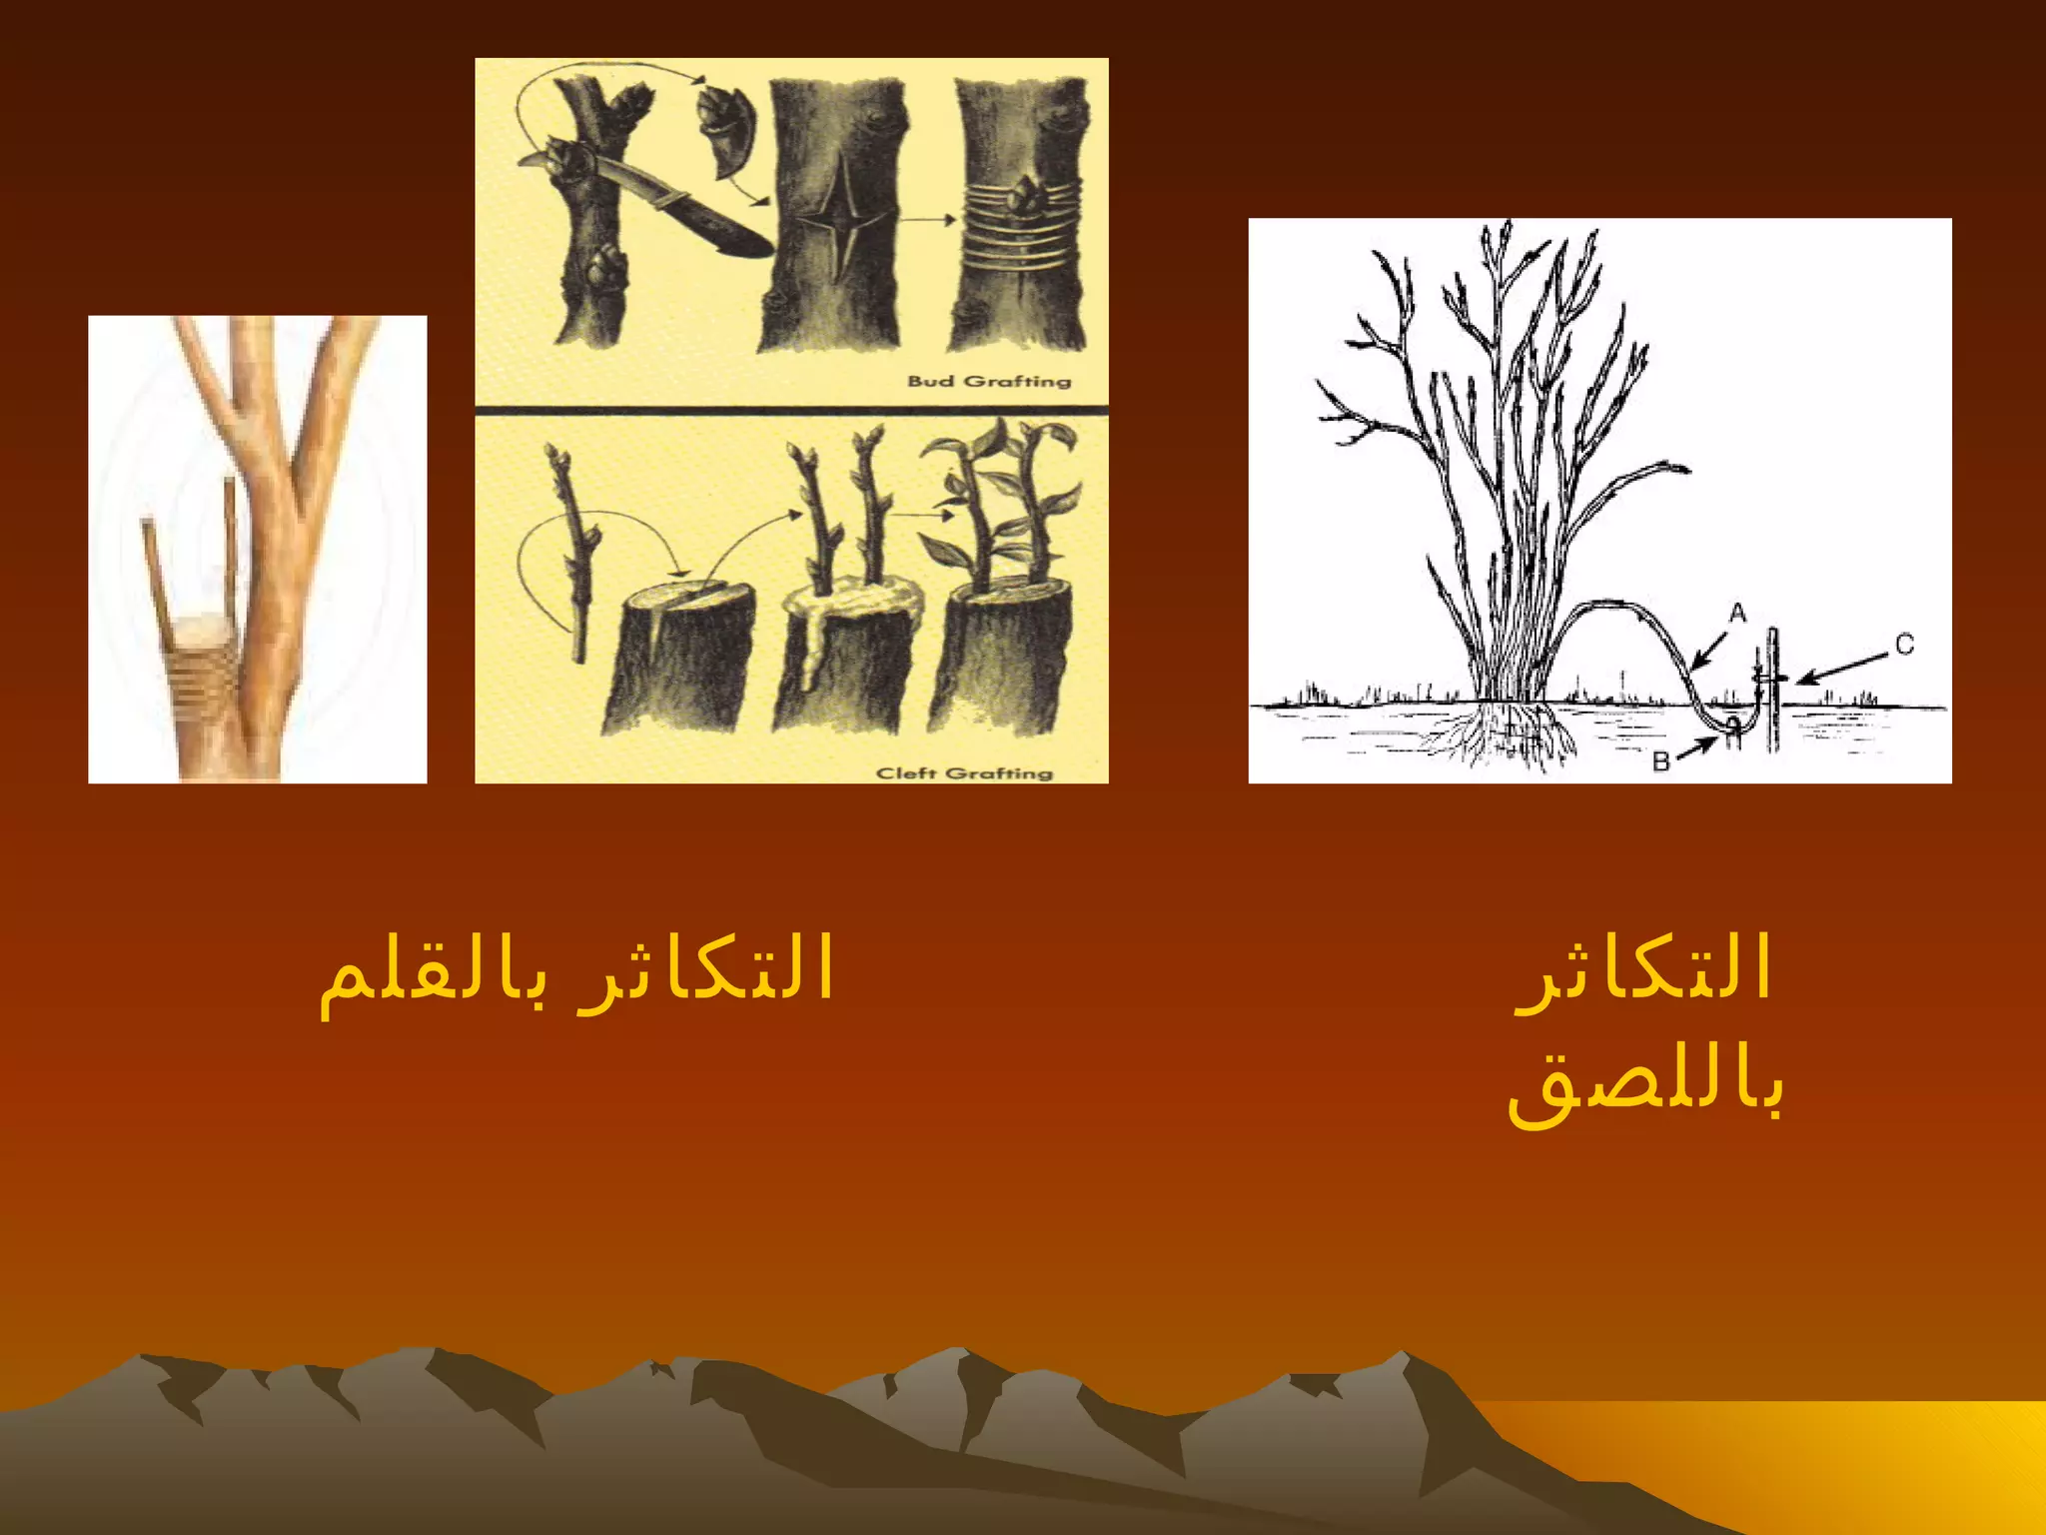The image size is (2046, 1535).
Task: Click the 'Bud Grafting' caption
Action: [988, 381]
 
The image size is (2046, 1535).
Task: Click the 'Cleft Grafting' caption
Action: [964, 772]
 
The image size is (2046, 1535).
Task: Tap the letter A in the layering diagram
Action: [1737, 613]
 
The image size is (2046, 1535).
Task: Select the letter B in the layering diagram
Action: [1661, 762]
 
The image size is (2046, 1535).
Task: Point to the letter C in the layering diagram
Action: [1904, 646]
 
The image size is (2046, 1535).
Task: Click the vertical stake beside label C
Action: [1773, 690]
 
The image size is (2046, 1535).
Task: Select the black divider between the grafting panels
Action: [791, 410]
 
